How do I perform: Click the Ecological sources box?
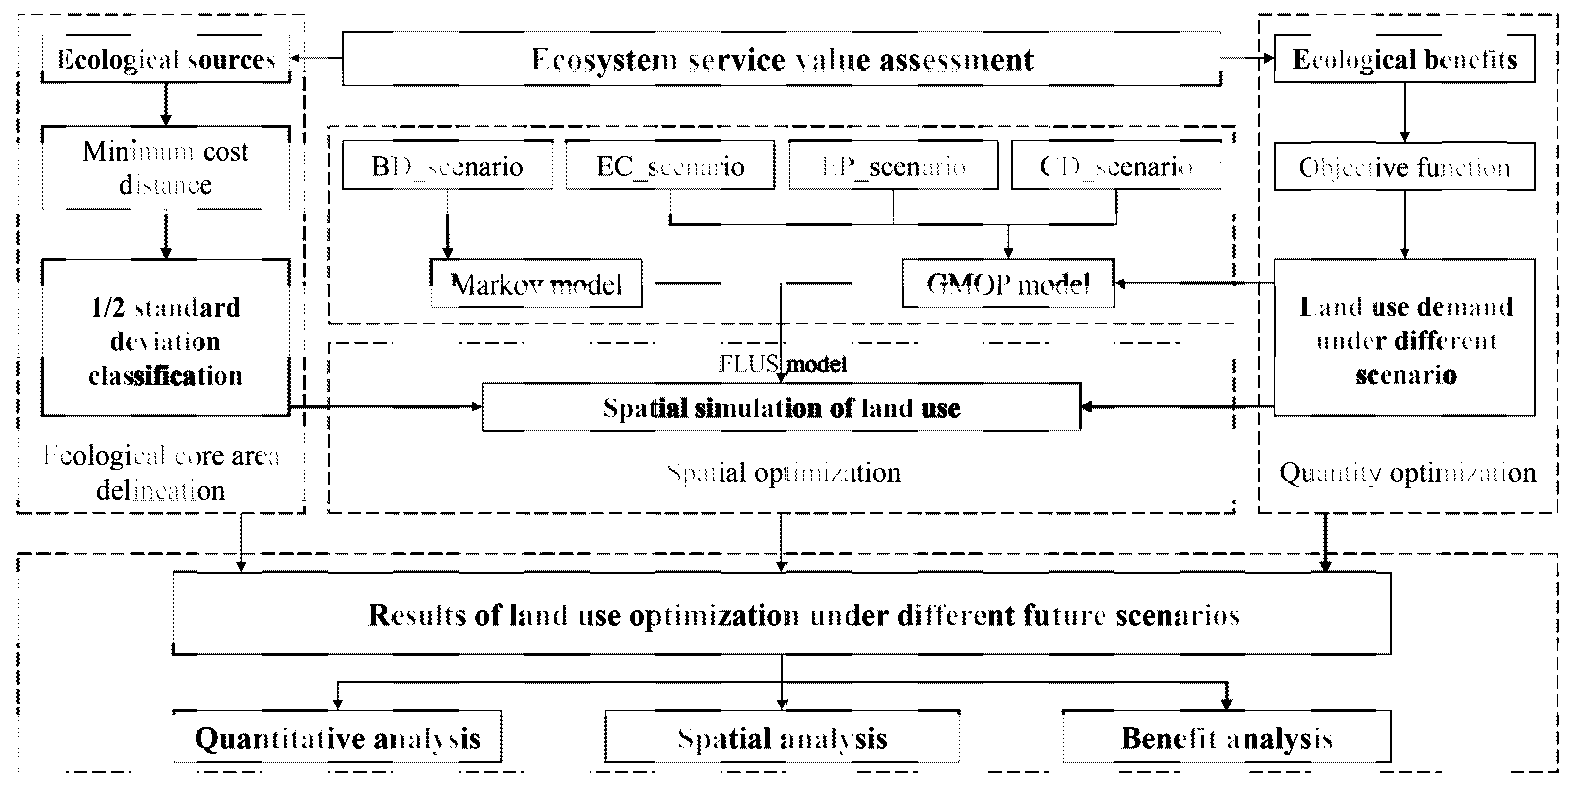point(165,59)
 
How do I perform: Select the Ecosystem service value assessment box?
point(781,59)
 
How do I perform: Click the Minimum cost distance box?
point(165,168)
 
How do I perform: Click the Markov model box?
point(536,284)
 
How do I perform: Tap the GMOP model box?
point(1008,284)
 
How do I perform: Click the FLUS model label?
point(782,364)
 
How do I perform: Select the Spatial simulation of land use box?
point(781,407)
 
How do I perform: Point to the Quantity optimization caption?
point(1408,473)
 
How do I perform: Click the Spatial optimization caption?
point(783,473)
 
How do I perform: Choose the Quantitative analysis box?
point(337,737)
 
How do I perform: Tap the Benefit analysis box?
point(1226,737)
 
